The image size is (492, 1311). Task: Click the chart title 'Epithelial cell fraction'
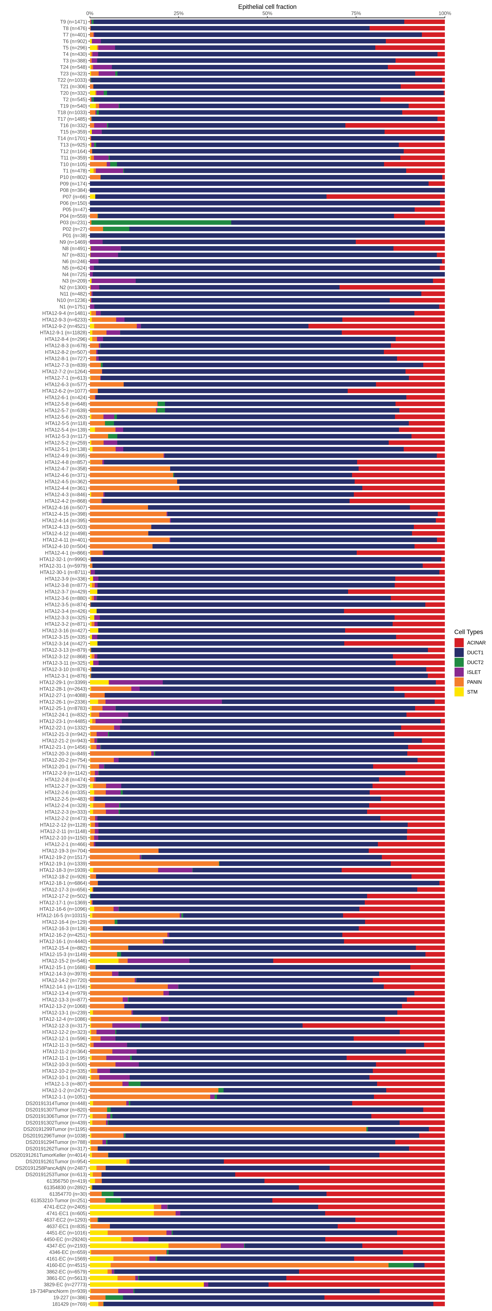[x=267, y=7]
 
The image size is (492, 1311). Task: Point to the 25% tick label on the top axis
[x=178, y=13]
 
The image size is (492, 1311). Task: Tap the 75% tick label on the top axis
[x=355, y=13]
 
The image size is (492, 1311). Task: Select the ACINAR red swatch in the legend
[x=459, y=643]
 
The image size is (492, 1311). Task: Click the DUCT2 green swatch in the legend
[x=459, y=662]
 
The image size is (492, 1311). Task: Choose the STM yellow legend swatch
[x=459, y=692]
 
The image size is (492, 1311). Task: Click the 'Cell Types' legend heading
[x=468, y=632]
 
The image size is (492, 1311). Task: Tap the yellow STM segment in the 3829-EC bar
[x=147, y=1285]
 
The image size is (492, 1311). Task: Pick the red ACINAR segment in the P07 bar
[x=386, y=197]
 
